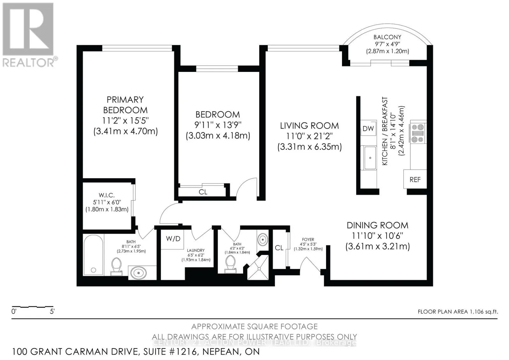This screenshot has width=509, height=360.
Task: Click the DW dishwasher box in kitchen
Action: [x=368, y=129]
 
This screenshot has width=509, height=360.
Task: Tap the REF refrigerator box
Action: [x=415, y=180]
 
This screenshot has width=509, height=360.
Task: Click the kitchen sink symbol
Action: [x=370, y=158]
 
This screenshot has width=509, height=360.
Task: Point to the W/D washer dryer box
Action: [x=173, y=239]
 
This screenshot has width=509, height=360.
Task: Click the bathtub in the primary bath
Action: [x=93, y=255]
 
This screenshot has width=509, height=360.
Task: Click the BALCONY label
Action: [x=387, y=37]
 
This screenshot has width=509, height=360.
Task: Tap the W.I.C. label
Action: [x=106, y=195]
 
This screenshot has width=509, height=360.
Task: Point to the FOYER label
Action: [x=308, y=239]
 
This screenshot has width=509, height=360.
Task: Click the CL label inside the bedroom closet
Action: [x=203, y=192]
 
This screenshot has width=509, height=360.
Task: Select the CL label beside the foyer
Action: [x=279, y=248]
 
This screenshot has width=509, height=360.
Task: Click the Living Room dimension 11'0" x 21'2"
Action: [x=309, y=136]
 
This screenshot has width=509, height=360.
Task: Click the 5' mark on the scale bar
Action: [x=52, y=312]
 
